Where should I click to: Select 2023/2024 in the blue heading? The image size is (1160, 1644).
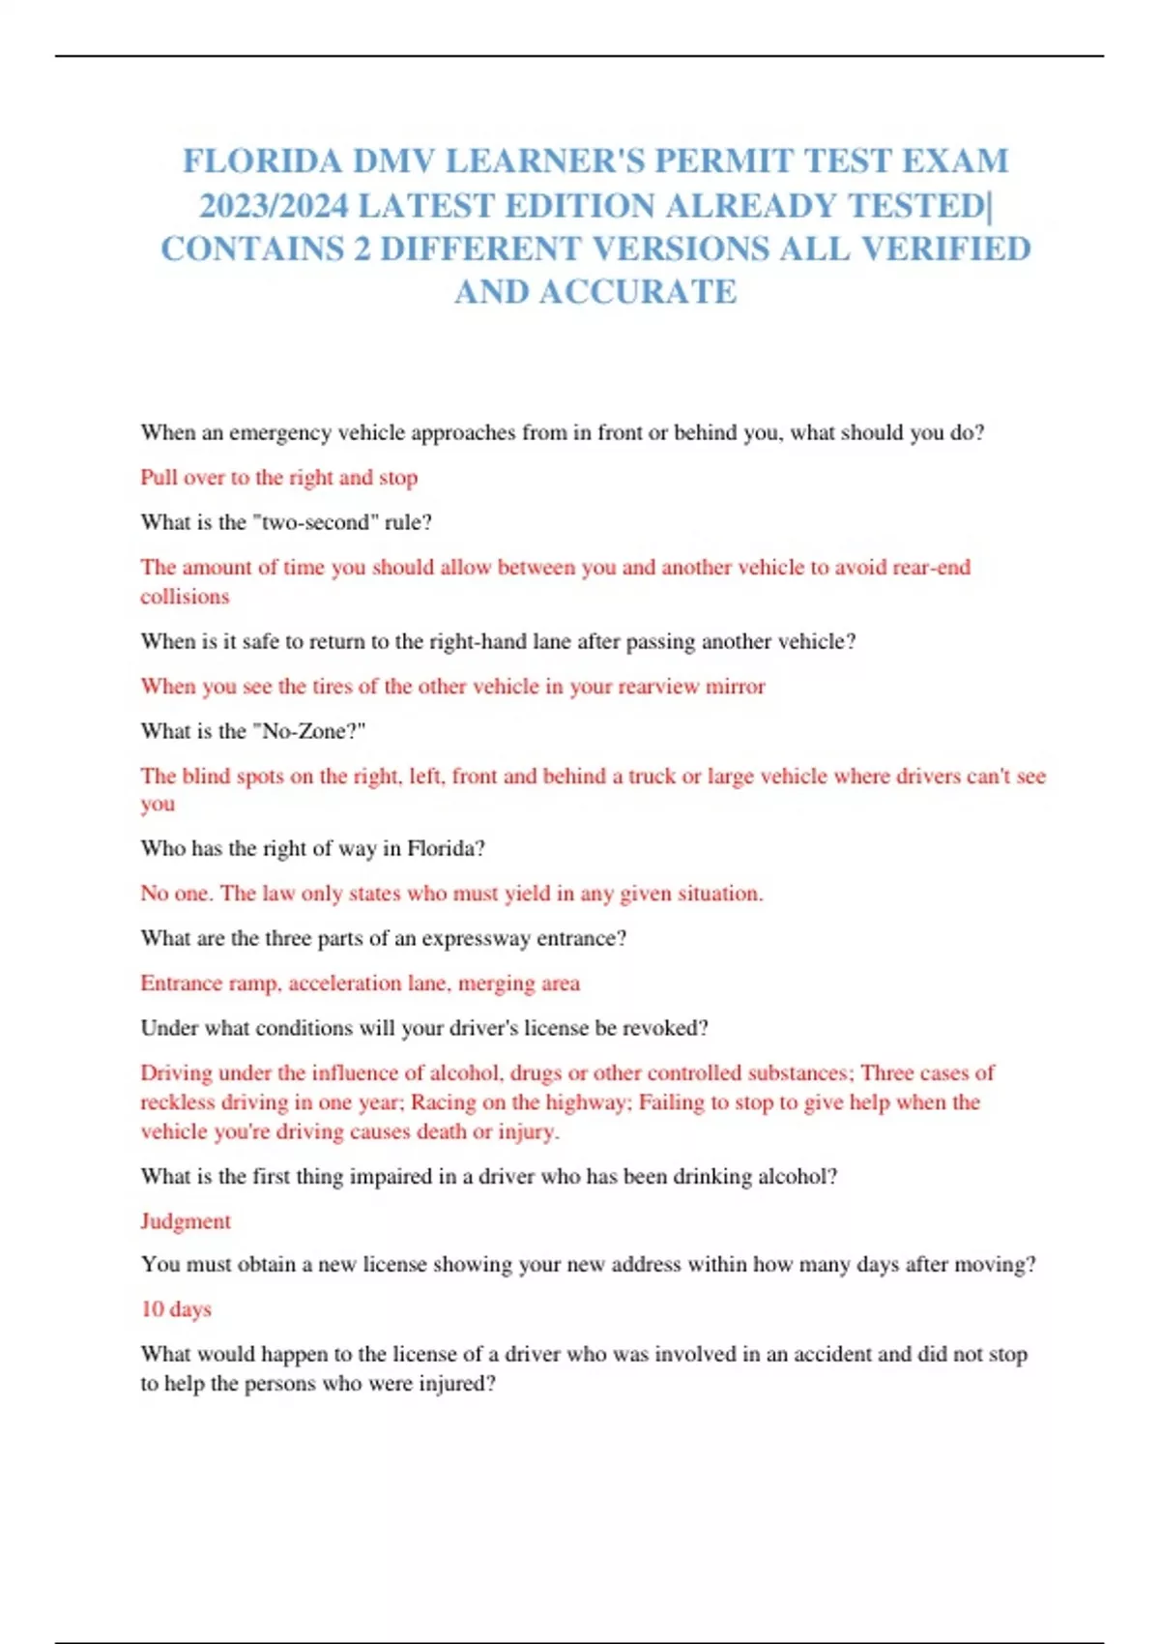point(274,205)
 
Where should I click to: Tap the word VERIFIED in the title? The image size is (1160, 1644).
point(945,249)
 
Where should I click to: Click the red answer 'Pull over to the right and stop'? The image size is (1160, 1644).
point(278,478)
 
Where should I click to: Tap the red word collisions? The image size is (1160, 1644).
point(185,597)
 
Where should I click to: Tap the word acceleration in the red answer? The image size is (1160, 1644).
point(344,983)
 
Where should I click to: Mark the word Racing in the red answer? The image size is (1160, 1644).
point(443,1102)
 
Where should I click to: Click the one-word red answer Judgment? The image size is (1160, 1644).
point(186,1221)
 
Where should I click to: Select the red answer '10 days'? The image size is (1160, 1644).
point(176,1309)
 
